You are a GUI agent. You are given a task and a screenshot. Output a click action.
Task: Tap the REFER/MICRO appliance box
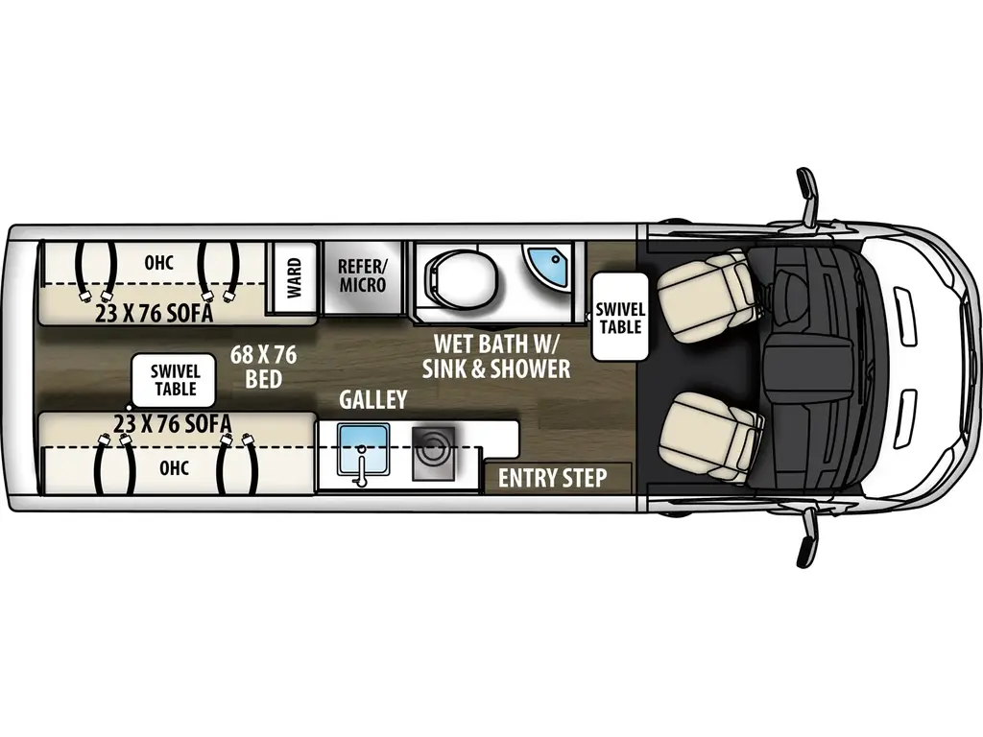tap(362, 276)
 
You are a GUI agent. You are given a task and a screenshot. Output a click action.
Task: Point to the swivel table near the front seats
tap(619, 317)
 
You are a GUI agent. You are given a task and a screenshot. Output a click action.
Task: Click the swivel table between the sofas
tap(175, 380)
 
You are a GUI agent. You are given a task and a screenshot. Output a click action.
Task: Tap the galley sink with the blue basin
tap(364, 448)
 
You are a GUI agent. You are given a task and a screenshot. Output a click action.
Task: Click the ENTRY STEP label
tap(552, 478)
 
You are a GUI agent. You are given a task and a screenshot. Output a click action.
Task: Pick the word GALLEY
tap(372, 399)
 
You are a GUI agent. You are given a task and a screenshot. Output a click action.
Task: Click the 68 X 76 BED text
tap(263, 367)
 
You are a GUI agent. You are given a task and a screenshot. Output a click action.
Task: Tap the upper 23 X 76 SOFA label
tap(154, 314)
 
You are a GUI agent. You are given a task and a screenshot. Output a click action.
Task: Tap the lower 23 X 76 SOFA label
tap(172, 423)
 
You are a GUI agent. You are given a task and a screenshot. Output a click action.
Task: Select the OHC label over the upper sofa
tap(158, 262)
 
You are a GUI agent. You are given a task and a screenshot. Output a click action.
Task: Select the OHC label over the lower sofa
tap(174, 467)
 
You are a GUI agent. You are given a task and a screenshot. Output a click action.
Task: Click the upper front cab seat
tap(708, 289)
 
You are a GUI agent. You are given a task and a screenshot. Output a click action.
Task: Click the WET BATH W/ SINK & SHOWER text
tap(501, 355)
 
